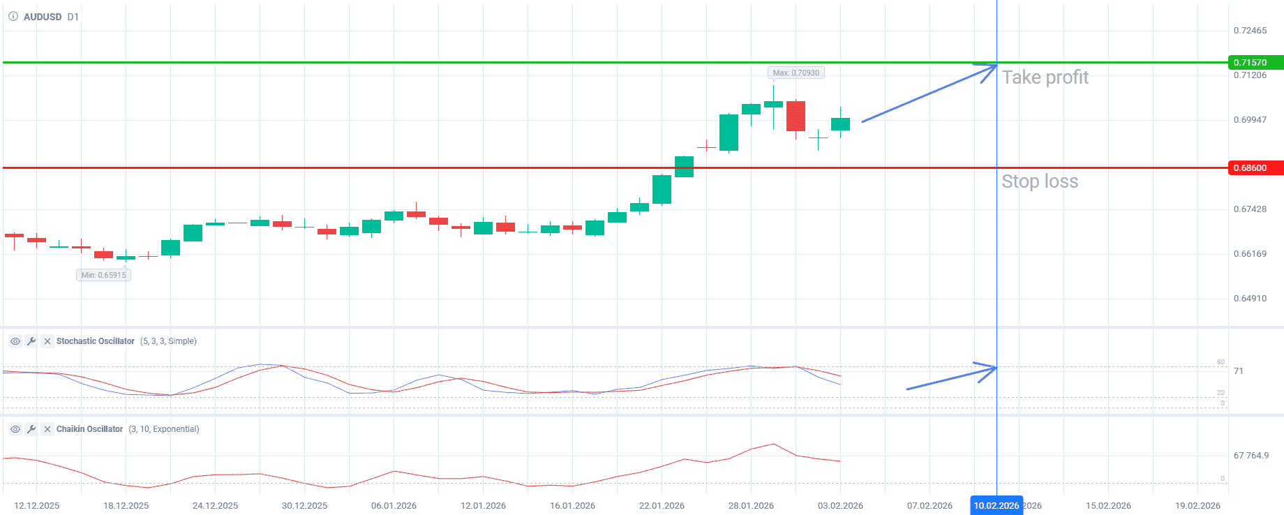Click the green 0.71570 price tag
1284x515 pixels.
click(1255, 63)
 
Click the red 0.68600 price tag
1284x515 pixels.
click(1255, 168)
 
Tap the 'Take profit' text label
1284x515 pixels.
click(1045, 77)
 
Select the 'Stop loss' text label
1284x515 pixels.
click(1040, 181)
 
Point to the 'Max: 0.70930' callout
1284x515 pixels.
click(796, 73)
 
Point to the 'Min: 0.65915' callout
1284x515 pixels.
click(103, 275)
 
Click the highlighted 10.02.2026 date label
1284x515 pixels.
click(996, 505)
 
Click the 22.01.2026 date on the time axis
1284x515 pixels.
click(662, 505)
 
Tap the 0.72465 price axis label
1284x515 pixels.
click(1250, 31)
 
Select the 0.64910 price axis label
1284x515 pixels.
click(1250, 299)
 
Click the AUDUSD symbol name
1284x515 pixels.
click(43, 17)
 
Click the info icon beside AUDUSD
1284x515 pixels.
click(13, 17)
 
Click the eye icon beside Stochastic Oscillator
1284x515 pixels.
click(15, 341)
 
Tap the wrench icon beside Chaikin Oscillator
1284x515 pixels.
click(31, 429)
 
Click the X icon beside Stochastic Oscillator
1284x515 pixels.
click(47, 341)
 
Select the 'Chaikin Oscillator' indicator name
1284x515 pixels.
click(89, 429)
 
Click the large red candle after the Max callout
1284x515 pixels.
click(796, 116)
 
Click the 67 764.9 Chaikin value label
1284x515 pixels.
click(1251, 456)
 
